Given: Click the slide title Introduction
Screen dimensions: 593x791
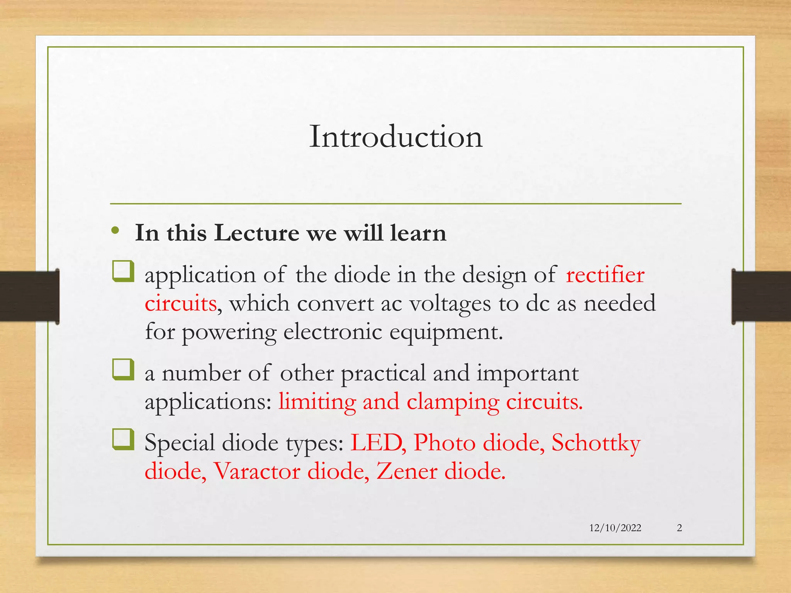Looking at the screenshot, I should coord(396,137).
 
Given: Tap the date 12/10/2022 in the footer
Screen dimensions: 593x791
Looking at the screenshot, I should coord(615,528).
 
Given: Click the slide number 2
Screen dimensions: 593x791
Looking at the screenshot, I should coord(679,528).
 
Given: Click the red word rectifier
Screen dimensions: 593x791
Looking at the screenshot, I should coord(605,275).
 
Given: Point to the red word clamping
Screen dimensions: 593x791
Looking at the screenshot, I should coord(453,402).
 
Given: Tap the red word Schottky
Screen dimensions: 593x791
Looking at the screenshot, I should coord(596,443).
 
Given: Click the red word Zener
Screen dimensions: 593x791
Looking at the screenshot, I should coord(407,471).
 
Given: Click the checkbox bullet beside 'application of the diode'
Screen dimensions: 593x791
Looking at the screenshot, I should coord(123,271).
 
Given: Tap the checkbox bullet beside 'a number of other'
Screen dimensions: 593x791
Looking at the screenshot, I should coord(123,369).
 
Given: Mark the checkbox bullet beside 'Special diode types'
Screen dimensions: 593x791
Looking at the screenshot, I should coord(123,439).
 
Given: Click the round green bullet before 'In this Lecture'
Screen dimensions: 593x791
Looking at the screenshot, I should coord(115,231).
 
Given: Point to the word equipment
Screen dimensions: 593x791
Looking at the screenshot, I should coord(446,332).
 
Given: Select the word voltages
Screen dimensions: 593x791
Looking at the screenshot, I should coord(450,303).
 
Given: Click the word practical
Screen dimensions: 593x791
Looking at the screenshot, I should coord(383,374).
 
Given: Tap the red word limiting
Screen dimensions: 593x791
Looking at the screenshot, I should coord(317,402).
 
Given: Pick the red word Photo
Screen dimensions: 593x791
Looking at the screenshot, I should coord(444,442).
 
